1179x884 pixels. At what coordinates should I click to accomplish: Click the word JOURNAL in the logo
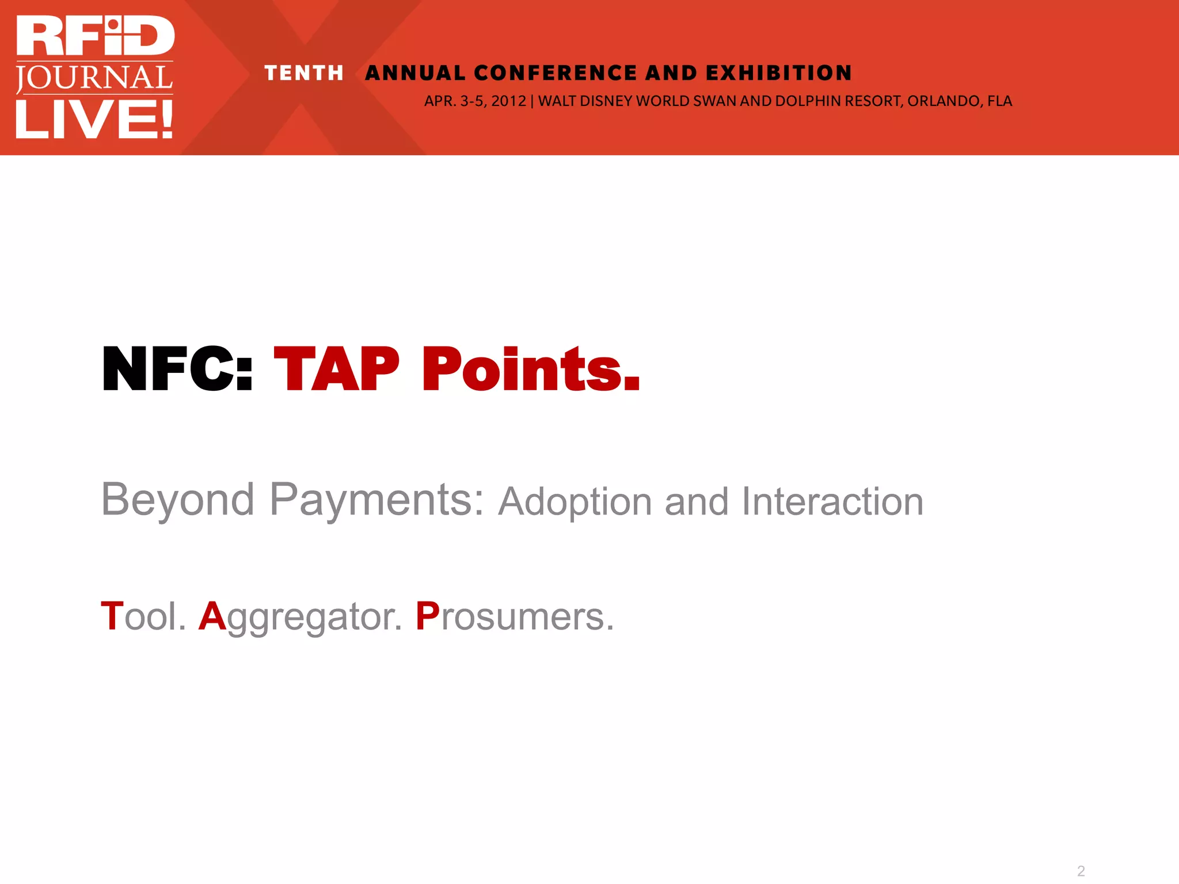94,78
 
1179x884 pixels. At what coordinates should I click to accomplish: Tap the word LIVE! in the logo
94,119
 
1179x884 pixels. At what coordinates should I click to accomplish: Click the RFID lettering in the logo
96,36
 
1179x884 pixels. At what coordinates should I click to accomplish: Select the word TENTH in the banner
304,73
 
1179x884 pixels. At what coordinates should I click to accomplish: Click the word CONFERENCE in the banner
556,73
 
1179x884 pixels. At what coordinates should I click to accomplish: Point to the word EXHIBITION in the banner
778,73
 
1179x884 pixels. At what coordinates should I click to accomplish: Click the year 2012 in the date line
508,101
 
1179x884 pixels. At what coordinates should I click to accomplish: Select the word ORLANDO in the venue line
944,101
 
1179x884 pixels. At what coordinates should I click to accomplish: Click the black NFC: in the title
177,369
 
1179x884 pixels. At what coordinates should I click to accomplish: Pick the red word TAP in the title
336,369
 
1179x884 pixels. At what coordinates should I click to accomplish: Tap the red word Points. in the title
530,369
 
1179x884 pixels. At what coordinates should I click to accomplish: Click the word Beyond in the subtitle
177,500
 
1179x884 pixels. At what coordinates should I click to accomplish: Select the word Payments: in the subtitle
377,500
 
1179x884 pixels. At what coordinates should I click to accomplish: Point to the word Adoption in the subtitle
575,502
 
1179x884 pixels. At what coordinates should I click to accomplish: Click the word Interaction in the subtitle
832,502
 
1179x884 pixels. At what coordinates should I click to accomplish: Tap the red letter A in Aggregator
212,616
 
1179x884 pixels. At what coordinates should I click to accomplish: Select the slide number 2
1081,871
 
